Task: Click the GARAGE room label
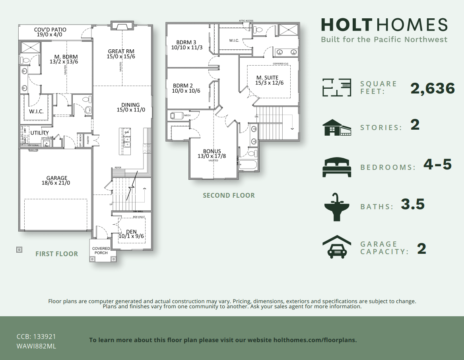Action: point(56,178)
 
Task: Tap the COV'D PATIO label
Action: point(50,30)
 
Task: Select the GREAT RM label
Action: point(121,51)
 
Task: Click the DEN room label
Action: point(131,232)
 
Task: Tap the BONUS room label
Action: point(212,151)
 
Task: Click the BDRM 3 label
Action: point(186,43)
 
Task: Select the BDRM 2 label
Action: point(183,86)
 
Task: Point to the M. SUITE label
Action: point(267,78)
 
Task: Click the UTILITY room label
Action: point(40,133)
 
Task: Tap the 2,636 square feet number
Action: point(433,88)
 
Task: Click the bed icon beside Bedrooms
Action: point(337,167)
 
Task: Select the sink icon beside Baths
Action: point(337,207)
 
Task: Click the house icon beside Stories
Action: point(337,127)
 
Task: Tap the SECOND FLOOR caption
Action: point(229,195)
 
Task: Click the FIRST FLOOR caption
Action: point(56,254)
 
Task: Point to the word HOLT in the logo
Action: point(346,25)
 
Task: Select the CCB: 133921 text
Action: point(39,337)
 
